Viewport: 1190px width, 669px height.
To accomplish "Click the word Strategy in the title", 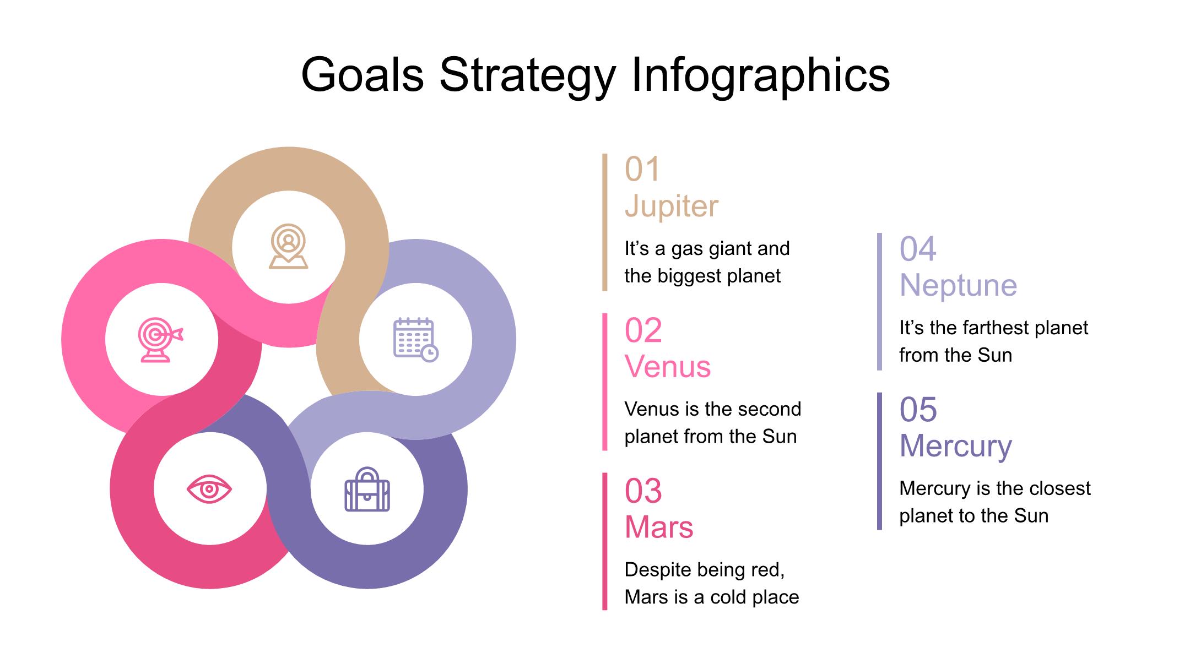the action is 527,75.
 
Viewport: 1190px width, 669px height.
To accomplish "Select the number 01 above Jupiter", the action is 642,169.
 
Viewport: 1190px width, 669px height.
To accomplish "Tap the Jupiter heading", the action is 672,206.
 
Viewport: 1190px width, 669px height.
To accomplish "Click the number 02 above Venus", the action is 643,330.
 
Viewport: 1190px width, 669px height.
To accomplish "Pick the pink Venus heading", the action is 668,366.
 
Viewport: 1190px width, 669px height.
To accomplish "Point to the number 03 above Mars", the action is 643,491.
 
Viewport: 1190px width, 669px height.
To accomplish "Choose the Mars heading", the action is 659,527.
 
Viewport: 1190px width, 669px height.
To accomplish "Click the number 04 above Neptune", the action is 918,249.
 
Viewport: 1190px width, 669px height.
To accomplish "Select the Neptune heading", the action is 958,285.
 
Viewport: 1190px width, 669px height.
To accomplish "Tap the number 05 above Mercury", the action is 918,410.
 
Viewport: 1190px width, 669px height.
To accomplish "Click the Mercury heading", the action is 956,446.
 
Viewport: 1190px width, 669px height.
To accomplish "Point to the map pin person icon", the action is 288,246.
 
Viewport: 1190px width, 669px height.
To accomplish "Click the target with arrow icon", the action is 160,339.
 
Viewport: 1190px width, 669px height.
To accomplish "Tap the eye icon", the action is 209,489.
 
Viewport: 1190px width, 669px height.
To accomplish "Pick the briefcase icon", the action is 367,489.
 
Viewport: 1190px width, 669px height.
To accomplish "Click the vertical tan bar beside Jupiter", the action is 605,222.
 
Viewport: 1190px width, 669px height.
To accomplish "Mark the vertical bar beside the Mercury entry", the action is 879,461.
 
